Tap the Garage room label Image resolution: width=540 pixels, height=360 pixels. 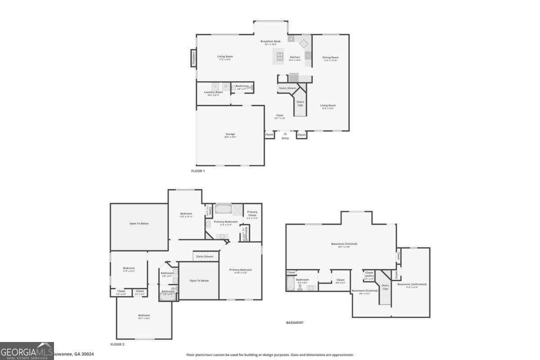[230, 134]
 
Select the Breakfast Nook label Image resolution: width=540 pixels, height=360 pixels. [270, 41]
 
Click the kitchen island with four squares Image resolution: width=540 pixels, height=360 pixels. [280, 56]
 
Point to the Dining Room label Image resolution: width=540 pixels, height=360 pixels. [330, 58]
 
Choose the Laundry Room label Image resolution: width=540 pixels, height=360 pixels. [213, 92]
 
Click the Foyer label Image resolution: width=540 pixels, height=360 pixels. [280, 115]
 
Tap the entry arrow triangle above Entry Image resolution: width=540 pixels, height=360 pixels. [285, 134]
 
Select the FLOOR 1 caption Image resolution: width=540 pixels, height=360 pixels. [198, 171]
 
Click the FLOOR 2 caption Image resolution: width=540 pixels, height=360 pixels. [117, 344]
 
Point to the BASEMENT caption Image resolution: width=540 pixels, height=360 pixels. [295, 323]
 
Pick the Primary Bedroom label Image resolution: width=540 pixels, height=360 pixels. [241, 270]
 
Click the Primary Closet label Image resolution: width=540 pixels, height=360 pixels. [252, 213]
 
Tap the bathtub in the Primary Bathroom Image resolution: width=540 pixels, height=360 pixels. [222, 209]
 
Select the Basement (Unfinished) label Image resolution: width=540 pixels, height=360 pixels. [412, 284]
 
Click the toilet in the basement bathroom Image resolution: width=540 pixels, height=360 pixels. [300, 287]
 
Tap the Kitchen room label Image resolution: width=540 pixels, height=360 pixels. [295, 57]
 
